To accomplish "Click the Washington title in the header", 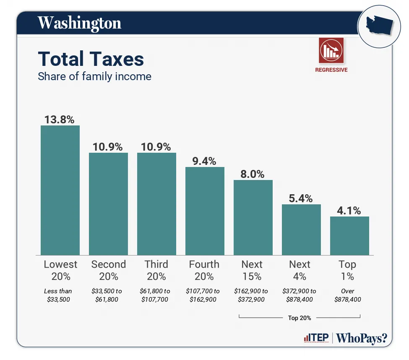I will [x=79, y=23].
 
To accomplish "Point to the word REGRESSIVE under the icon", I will [x=331, y=70].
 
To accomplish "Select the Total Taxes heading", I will [x=91, y=59].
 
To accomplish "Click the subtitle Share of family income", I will [x=94, y=76].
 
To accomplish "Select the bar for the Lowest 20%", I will [x=60, y=190].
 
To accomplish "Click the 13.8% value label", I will [x=59, y=120].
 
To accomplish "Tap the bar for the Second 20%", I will [x=108, y=204].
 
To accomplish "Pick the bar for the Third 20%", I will [x=156, y=204].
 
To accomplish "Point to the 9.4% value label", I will [x=204, y=161].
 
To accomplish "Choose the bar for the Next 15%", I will [x=253, y=217].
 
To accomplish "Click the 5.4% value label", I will [x=300, y=198].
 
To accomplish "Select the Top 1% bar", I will [x=349, y=236].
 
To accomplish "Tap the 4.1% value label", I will [x=349, y=211].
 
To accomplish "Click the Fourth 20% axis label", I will [x=204, y=270].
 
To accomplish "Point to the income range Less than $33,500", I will [x=58, y=295].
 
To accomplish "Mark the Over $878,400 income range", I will [x=347, y=295].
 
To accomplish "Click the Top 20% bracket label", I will [x=300, y=318].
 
